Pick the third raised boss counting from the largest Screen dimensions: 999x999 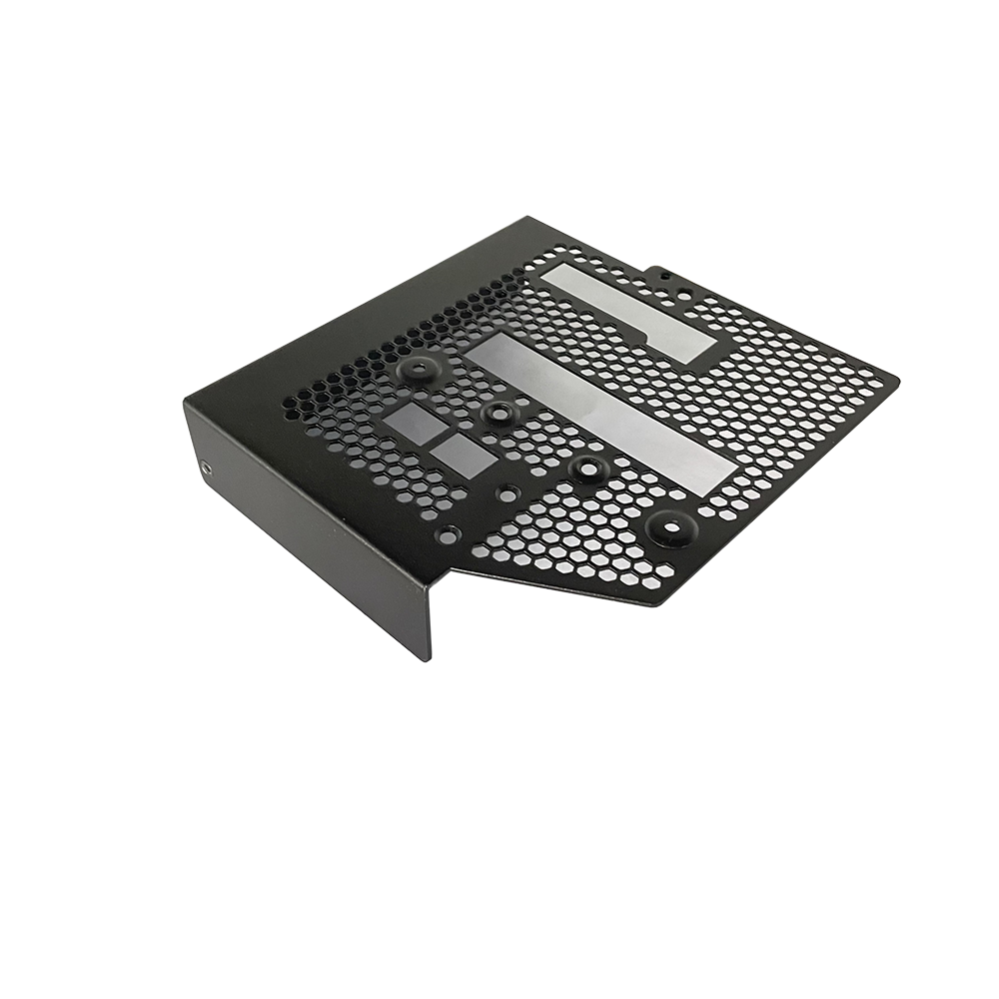click(497, 413)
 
